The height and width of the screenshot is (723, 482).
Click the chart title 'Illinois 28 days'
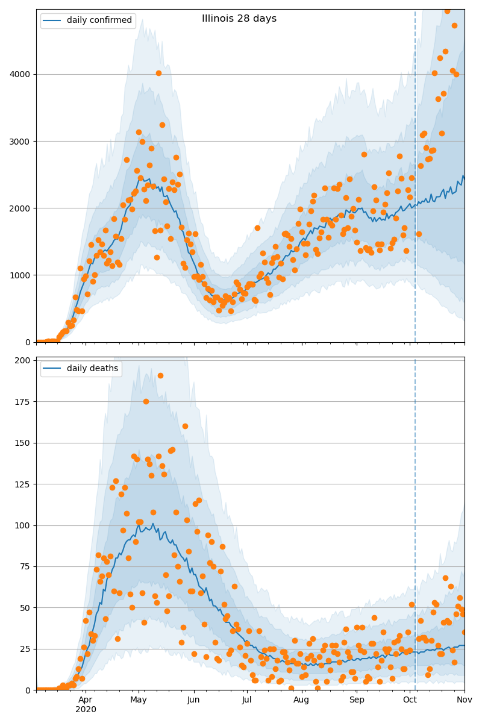(239, 19)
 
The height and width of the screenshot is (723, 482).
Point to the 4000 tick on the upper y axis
(22, 75)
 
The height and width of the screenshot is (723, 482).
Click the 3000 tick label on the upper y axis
(22, 142)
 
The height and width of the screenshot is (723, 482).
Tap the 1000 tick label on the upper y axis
(22, 275)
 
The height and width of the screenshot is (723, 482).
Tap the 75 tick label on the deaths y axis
(26, 567)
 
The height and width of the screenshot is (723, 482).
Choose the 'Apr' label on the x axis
(86, 700)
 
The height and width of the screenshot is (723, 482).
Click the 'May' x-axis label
(139, 700)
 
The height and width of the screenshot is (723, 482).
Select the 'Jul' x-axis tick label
(246, 700)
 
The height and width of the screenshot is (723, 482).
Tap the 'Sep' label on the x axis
(357, 700)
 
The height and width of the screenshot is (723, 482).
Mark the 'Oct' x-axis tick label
(410, 700)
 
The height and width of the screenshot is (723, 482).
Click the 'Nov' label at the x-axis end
(464, 700)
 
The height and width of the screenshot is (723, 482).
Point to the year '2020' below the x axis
(86, 710)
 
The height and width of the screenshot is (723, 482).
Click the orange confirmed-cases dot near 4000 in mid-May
(158, 74)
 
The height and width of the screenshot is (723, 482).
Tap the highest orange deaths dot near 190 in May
(160, 375)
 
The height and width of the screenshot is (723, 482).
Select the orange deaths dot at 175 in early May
(146, 401)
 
